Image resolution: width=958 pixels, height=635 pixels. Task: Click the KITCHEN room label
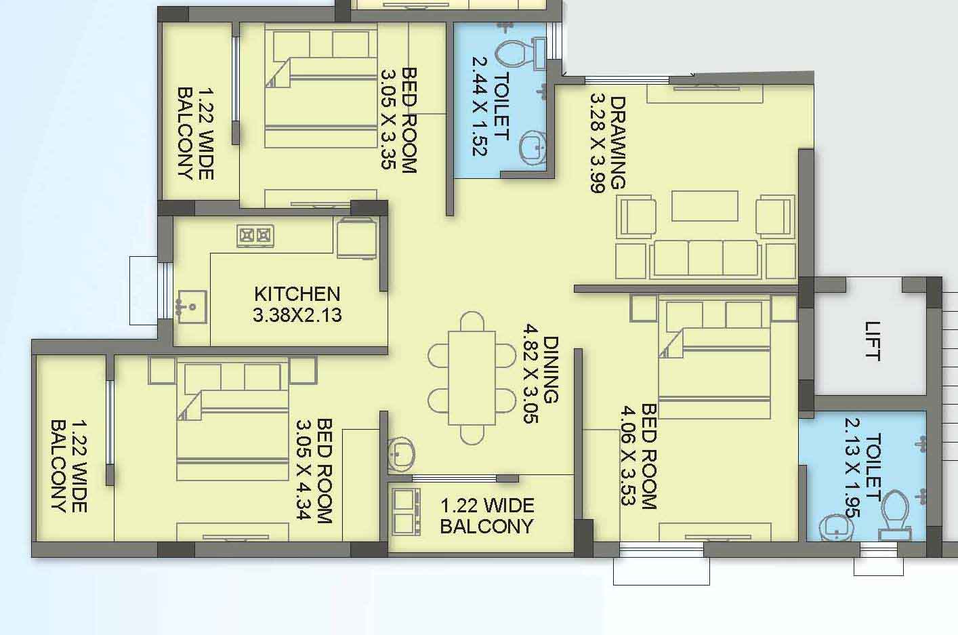point(297,294)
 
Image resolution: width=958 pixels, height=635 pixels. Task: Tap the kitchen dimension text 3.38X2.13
point(297,315)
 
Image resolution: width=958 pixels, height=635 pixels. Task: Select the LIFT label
point(873,341)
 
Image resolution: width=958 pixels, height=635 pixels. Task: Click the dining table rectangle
point(472,378)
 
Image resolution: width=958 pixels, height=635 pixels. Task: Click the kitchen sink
point(192,307)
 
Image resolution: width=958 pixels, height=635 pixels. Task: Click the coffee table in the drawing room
point(705,206)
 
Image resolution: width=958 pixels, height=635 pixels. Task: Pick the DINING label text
point(551,370)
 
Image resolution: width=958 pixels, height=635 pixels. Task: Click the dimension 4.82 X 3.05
point(530,373)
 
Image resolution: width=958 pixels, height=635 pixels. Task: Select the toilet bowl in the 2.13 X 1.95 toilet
point(895,516)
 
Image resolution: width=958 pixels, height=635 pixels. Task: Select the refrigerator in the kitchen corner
point(356,238)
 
